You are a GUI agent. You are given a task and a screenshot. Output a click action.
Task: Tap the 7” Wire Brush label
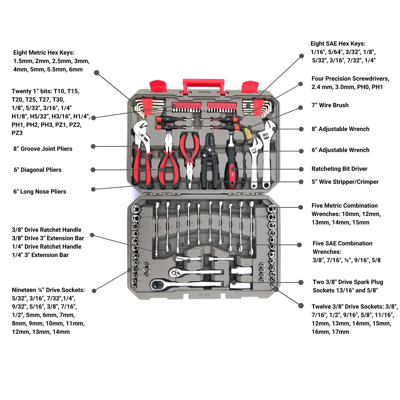tap(330, 105)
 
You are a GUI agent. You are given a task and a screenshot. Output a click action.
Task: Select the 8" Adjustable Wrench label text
tap(340, 129)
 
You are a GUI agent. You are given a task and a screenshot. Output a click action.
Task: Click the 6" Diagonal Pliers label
tap(38, 170)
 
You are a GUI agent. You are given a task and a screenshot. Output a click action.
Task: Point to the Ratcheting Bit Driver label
tap(339, 169)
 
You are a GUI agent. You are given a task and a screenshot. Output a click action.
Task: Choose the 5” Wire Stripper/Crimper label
tap(345, 182)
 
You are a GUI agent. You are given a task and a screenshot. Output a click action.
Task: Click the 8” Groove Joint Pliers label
tap(43, 149)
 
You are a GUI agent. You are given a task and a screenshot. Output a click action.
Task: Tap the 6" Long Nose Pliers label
tap(40, 192)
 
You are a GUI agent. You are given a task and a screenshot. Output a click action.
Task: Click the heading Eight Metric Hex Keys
tap(44, 53)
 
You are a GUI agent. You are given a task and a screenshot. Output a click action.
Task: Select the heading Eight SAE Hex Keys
tap(338, 43)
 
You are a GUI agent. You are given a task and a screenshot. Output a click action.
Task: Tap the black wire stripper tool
tap(210, 161)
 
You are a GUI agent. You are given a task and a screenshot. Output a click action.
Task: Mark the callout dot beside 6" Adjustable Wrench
tap(301, 151)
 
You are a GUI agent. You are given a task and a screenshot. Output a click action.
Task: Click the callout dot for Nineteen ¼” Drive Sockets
tap(94, 291)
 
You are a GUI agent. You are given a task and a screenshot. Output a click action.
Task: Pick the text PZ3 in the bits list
tap(17, 133)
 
